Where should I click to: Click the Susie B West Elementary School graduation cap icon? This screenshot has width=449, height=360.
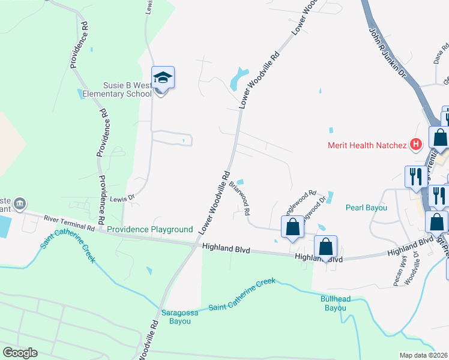[163, 78]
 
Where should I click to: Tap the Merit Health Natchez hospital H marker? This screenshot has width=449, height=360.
[415, 145]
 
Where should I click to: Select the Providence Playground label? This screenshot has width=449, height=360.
[150, 229]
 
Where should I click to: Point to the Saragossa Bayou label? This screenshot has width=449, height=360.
[176, 317]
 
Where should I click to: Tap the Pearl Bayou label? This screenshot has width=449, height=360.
[366, 208]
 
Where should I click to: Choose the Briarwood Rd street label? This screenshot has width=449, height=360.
[240, 200]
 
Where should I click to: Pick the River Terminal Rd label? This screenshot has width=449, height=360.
[70, 224]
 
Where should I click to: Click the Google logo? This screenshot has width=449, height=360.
[20, 352]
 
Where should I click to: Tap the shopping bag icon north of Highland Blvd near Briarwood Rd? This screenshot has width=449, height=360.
[292, 228]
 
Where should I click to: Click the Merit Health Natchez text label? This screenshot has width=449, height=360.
[367, 145]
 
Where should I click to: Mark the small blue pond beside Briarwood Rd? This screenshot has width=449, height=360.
[241, 182]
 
